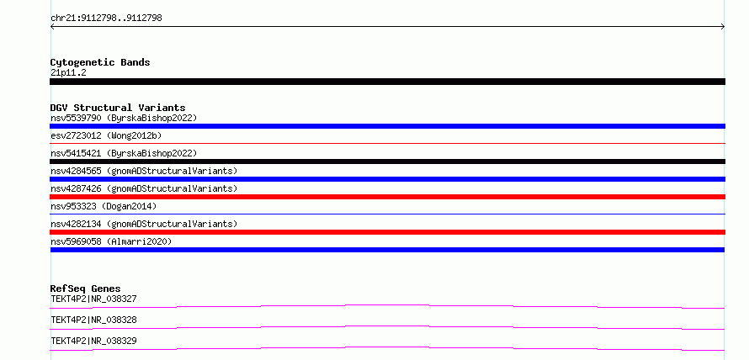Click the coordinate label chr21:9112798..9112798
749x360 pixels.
point(106,19)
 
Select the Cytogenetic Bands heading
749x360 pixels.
point(100,62)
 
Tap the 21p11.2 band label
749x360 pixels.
point(68,73)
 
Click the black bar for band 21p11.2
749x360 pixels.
point(387,82)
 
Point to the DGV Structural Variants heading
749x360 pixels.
point(118,108)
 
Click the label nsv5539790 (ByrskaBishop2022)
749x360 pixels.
point(124,118)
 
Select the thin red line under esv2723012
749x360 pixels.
point(387,143)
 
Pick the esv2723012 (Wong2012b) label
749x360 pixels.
point(106,135)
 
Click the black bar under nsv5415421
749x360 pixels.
point(387,161)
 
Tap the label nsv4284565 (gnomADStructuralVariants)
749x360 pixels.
point(144,171)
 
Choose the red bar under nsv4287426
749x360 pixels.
point(387,197)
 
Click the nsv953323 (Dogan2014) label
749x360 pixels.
point(104,206)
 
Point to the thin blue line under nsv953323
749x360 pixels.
point(387,214)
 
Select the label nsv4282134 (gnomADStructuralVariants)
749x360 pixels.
point(144,224)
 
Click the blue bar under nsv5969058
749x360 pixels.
point(387,250)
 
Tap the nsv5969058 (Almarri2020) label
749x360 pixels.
point(111,241)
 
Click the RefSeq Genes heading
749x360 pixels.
point(86,289)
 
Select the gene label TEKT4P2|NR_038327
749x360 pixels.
point(93,299)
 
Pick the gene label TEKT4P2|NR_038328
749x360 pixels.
point(93,320)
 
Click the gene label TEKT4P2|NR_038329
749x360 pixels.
point(93,341)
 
